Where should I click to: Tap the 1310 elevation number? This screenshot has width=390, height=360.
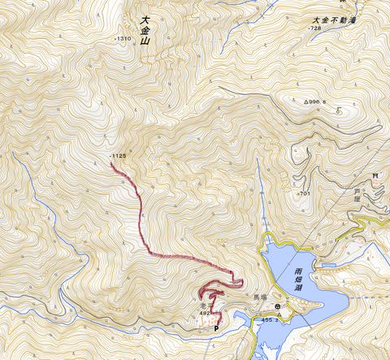tap(123, 39)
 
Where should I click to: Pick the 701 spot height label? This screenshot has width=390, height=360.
tap(305, 193)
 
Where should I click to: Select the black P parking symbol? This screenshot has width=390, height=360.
tap(216, 328)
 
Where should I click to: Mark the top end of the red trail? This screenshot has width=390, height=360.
tap(111, 163)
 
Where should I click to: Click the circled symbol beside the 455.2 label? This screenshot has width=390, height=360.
tap(278, 307)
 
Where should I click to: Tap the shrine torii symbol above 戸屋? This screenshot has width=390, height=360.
tap(375, 176)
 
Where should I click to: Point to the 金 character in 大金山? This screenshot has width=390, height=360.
tap(145, 35)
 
